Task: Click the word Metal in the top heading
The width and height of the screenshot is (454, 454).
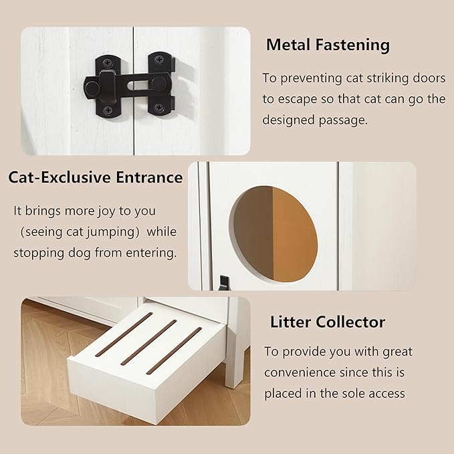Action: click(x=286, y=45)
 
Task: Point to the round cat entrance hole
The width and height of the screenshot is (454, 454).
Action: click(x=273, y=231)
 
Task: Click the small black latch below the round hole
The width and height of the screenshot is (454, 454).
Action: click(x=224, y=283)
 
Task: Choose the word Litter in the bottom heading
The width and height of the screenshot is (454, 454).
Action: click(x=290, y=322)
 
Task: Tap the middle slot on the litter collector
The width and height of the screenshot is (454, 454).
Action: click(x=148, y=342)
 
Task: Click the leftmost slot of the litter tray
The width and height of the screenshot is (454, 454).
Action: click(x=124, y=334)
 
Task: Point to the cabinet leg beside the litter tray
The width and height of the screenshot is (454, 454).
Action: click(x=234, y=354)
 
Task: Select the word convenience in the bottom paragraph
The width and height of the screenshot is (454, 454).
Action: click(x=298, y=372)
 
